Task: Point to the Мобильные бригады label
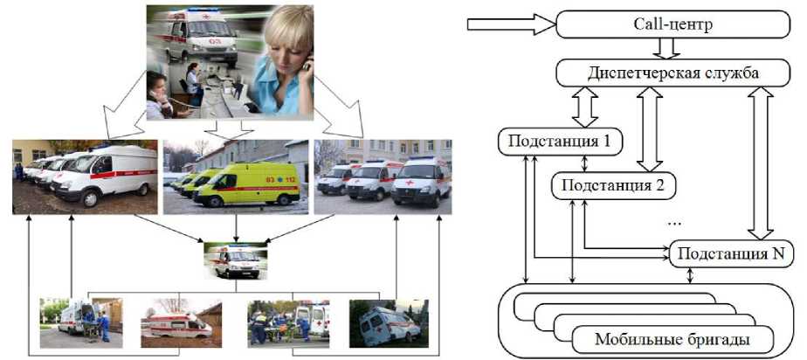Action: (x=672, y=337)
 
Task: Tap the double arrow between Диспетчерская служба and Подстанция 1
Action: (x=585, y=108)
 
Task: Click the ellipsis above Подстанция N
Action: (x=674, y=224)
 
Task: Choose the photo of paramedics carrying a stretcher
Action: (x=287, y=324)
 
